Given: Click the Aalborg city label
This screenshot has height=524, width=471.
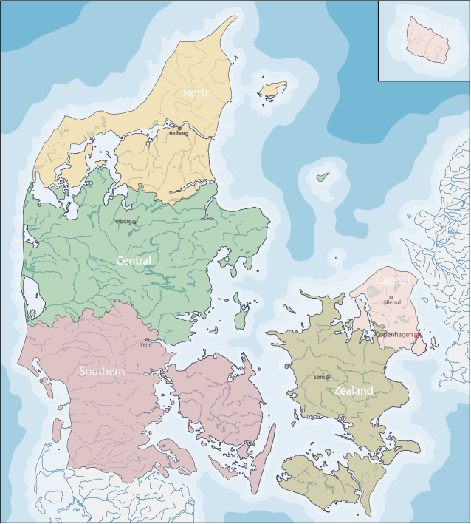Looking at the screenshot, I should tap(179, 134).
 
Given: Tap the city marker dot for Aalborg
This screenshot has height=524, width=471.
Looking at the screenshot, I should tap(179, 127).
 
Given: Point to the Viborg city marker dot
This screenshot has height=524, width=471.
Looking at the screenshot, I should tap(134, 222).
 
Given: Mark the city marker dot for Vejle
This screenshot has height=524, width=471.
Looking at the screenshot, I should tap(148, 340).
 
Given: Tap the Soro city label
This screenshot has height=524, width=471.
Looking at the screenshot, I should tap(319, 378).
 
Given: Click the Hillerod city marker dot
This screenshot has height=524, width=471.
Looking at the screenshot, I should tap(391, 297).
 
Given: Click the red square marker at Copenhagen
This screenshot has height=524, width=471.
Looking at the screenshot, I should tap(416, 336).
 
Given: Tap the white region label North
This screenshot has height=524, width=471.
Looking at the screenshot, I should tap(197, 94).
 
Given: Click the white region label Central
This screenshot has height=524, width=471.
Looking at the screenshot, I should tap(134, 261).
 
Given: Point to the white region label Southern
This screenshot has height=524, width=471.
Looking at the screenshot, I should tap(102, 370).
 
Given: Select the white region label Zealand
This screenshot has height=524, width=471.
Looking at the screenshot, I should tap(353, 390).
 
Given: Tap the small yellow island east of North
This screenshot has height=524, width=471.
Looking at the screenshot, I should tap(272, 89).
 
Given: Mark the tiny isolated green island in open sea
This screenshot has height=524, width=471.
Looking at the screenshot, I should tap(323, 177).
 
